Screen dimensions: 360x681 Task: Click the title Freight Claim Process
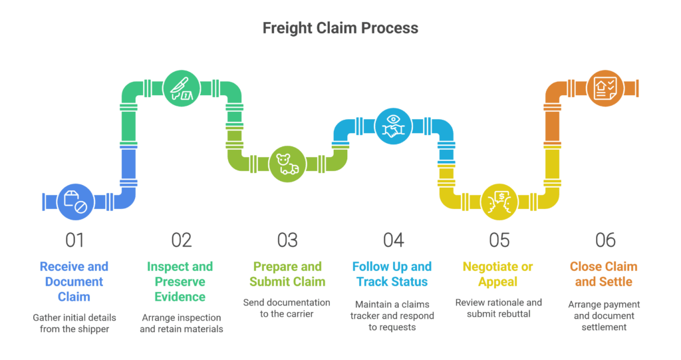point(340,28)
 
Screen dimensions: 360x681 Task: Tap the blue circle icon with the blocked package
point(75,202)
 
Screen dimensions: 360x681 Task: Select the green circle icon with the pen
point(181,88)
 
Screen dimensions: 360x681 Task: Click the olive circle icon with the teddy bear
point(287,164)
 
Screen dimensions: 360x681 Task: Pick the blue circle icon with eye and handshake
point(394,126)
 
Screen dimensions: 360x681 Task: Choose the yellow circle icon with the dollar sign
point(499,202)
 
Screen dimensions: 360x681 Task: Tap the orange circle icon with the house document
point(605,88)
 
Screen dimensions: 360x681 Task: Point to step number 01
point(75,240)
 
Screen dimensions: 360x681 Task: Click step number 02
point(181,240)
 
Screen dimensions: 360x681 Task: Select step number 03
point(287,240)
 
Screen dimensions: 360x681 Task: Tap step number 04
point(394,240)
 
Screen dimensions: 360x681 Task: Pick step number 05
point(499,240)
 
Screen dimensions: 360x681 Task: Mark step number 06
point(605,240)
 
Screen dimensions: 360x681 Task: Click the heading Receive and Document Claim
point(74,281)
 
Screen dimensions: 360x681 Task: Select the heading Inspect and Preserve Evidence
point(180,281)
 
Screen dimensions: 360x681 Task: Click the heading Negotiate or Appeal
point(498,274)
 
